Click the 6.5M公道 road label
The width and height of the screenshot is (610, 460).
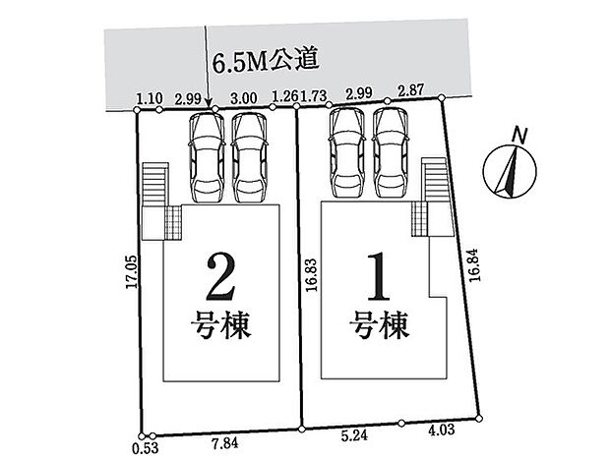click(x=266, y=61)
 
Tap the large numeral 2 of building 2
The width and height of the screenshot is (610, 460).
click(x=221, y=277)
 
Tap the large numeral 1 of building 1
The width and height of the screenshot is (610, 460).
click(x=379, y=276)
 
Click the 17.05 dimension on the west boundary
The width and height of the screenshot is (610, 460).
click(x=132, y=271)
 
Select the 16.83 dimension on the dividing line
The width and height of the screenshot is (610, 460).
click(x=311, y=274)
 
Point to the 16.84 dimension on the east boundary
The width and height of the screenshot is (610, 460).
click(x=474, y=264)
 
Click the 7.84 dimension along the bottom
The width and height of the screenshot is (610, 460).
click(x=225, y=443)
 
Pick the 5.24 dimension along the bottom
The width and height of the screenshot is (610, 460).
click(x=354, y=435)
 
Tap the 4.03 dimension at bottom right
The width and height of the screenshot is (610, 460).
click(x=441, y=431)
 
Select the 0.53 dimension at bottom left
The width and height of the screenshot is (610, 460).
click(x=146, y=448)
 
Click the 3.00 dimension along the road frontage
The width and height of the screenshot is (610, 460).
click(x=244, y=98)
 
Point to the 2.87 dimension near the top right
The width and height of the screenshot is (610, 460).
click(x=410, y=90)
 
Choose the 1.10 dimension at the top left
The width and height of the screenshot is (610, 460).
click(x=150, y=98)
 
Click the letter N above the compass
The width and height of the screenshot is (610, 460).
click(x=518, y=136)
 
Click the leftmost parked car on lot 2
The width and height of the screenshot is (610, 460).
click(x=207, y=157)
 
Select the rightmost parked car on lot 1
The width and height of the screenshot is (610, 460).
click(x=391, y=152)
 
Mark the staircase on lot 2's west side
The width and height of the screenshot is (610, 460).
click(x=155, y=185)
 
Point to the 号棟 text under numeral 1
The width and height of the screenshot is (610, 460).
click(x=381, y=325)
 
